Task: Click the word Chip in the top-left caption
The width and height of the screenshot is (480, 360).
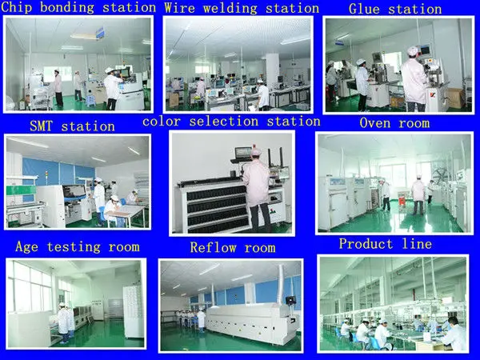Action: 19,8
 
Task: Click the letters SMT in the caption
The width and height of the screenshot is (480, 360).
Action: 45,126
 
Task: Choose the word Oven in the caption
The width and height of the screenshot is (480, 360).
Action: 376,123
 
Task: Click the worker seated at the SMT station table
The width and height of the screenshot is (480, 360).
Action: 114,209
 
